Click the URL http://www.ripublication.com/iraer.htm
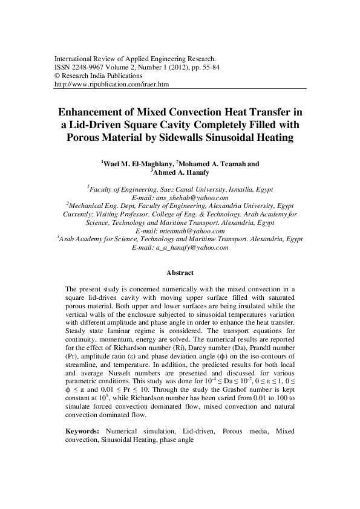111,85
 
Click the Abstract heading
180,273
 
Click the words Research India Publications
97,77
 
